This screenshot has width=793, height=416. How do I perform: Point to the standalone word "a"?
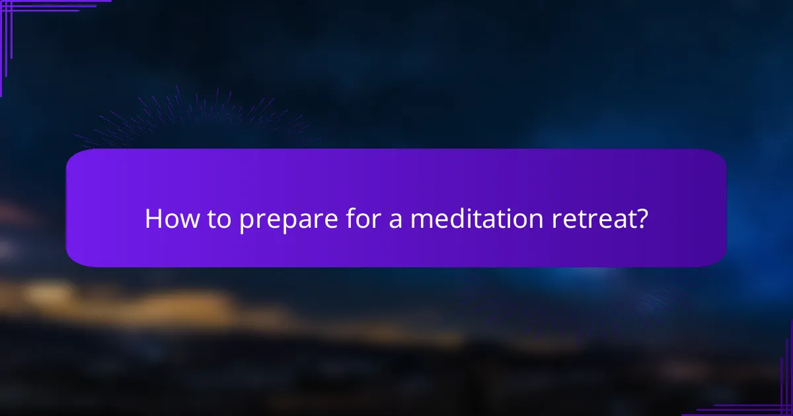point(396,221)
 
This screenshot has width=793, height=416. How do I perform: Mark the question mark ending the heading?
point(641,219)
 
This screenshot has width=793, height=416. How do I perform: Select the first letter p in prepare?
point(246,222)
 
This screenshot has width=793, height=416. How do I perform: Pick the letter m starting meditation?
point(420,221)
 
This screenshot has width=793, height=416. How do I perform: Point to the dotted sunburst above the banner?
point(198,119)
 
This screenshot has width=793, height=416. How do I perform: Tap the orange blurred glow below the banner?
point(132,300)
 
